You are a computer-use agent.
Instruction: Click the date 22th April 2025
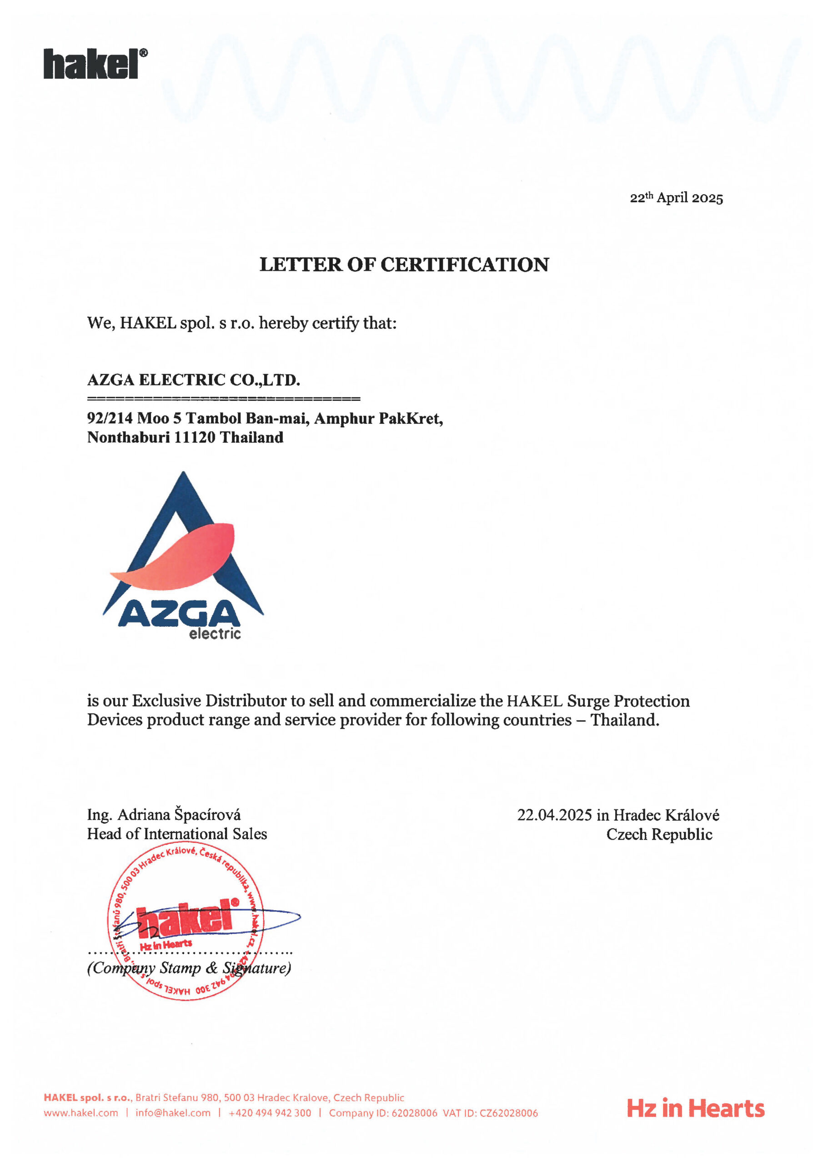pos(676,198)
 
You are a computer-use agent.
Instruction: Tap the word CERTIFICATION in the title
pos(465,264)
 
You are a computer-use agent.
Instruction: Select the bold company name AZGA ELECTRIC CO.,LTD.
pos(194,380)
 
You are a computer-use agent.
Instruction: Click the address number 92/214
pos(110,418)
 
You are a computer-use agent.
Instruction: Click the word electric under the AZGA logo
pos(215,634)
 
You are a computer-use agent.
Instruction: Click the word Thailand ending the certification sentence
pos(624,720)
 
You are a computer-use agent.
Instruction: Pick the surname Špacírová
pos(207,815)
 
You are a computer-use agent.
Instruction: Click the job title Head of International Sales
pos(176,834)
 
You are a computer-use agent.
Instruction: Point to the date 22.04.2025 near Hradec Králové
pos(554,815)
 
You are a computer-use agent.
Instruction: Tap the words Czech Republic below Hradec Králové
pos(659,834)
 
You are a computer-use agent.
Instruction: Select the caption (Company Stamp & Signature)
pos(189,967)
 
